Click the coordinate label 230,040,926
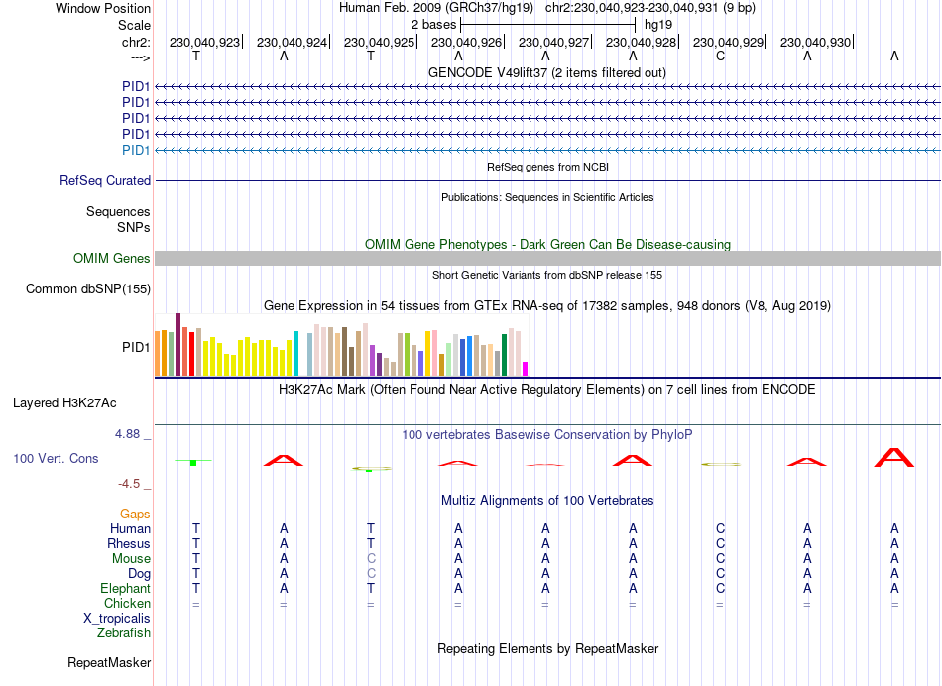click(466, 42)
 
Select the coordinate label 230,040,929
click(728, 42)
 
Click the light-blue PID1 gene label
click(136, 150)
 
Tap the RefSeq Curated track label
click(105, 181)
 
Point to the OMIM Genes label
click(112, 259)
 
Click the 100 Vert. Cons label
click(56, 459)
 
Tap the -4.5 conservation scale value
click(132, 484)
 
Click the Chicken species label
click(127, 603)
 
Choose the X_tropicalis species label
click(117, 618)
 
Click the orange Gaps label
click(135, 514)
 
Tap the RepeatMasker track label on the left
click(109, 662)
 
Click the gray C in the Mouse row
click(371, 558)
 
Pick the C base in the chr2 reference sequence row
click(720, 56)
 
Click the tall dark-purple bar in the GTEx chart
click(177, 344)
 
